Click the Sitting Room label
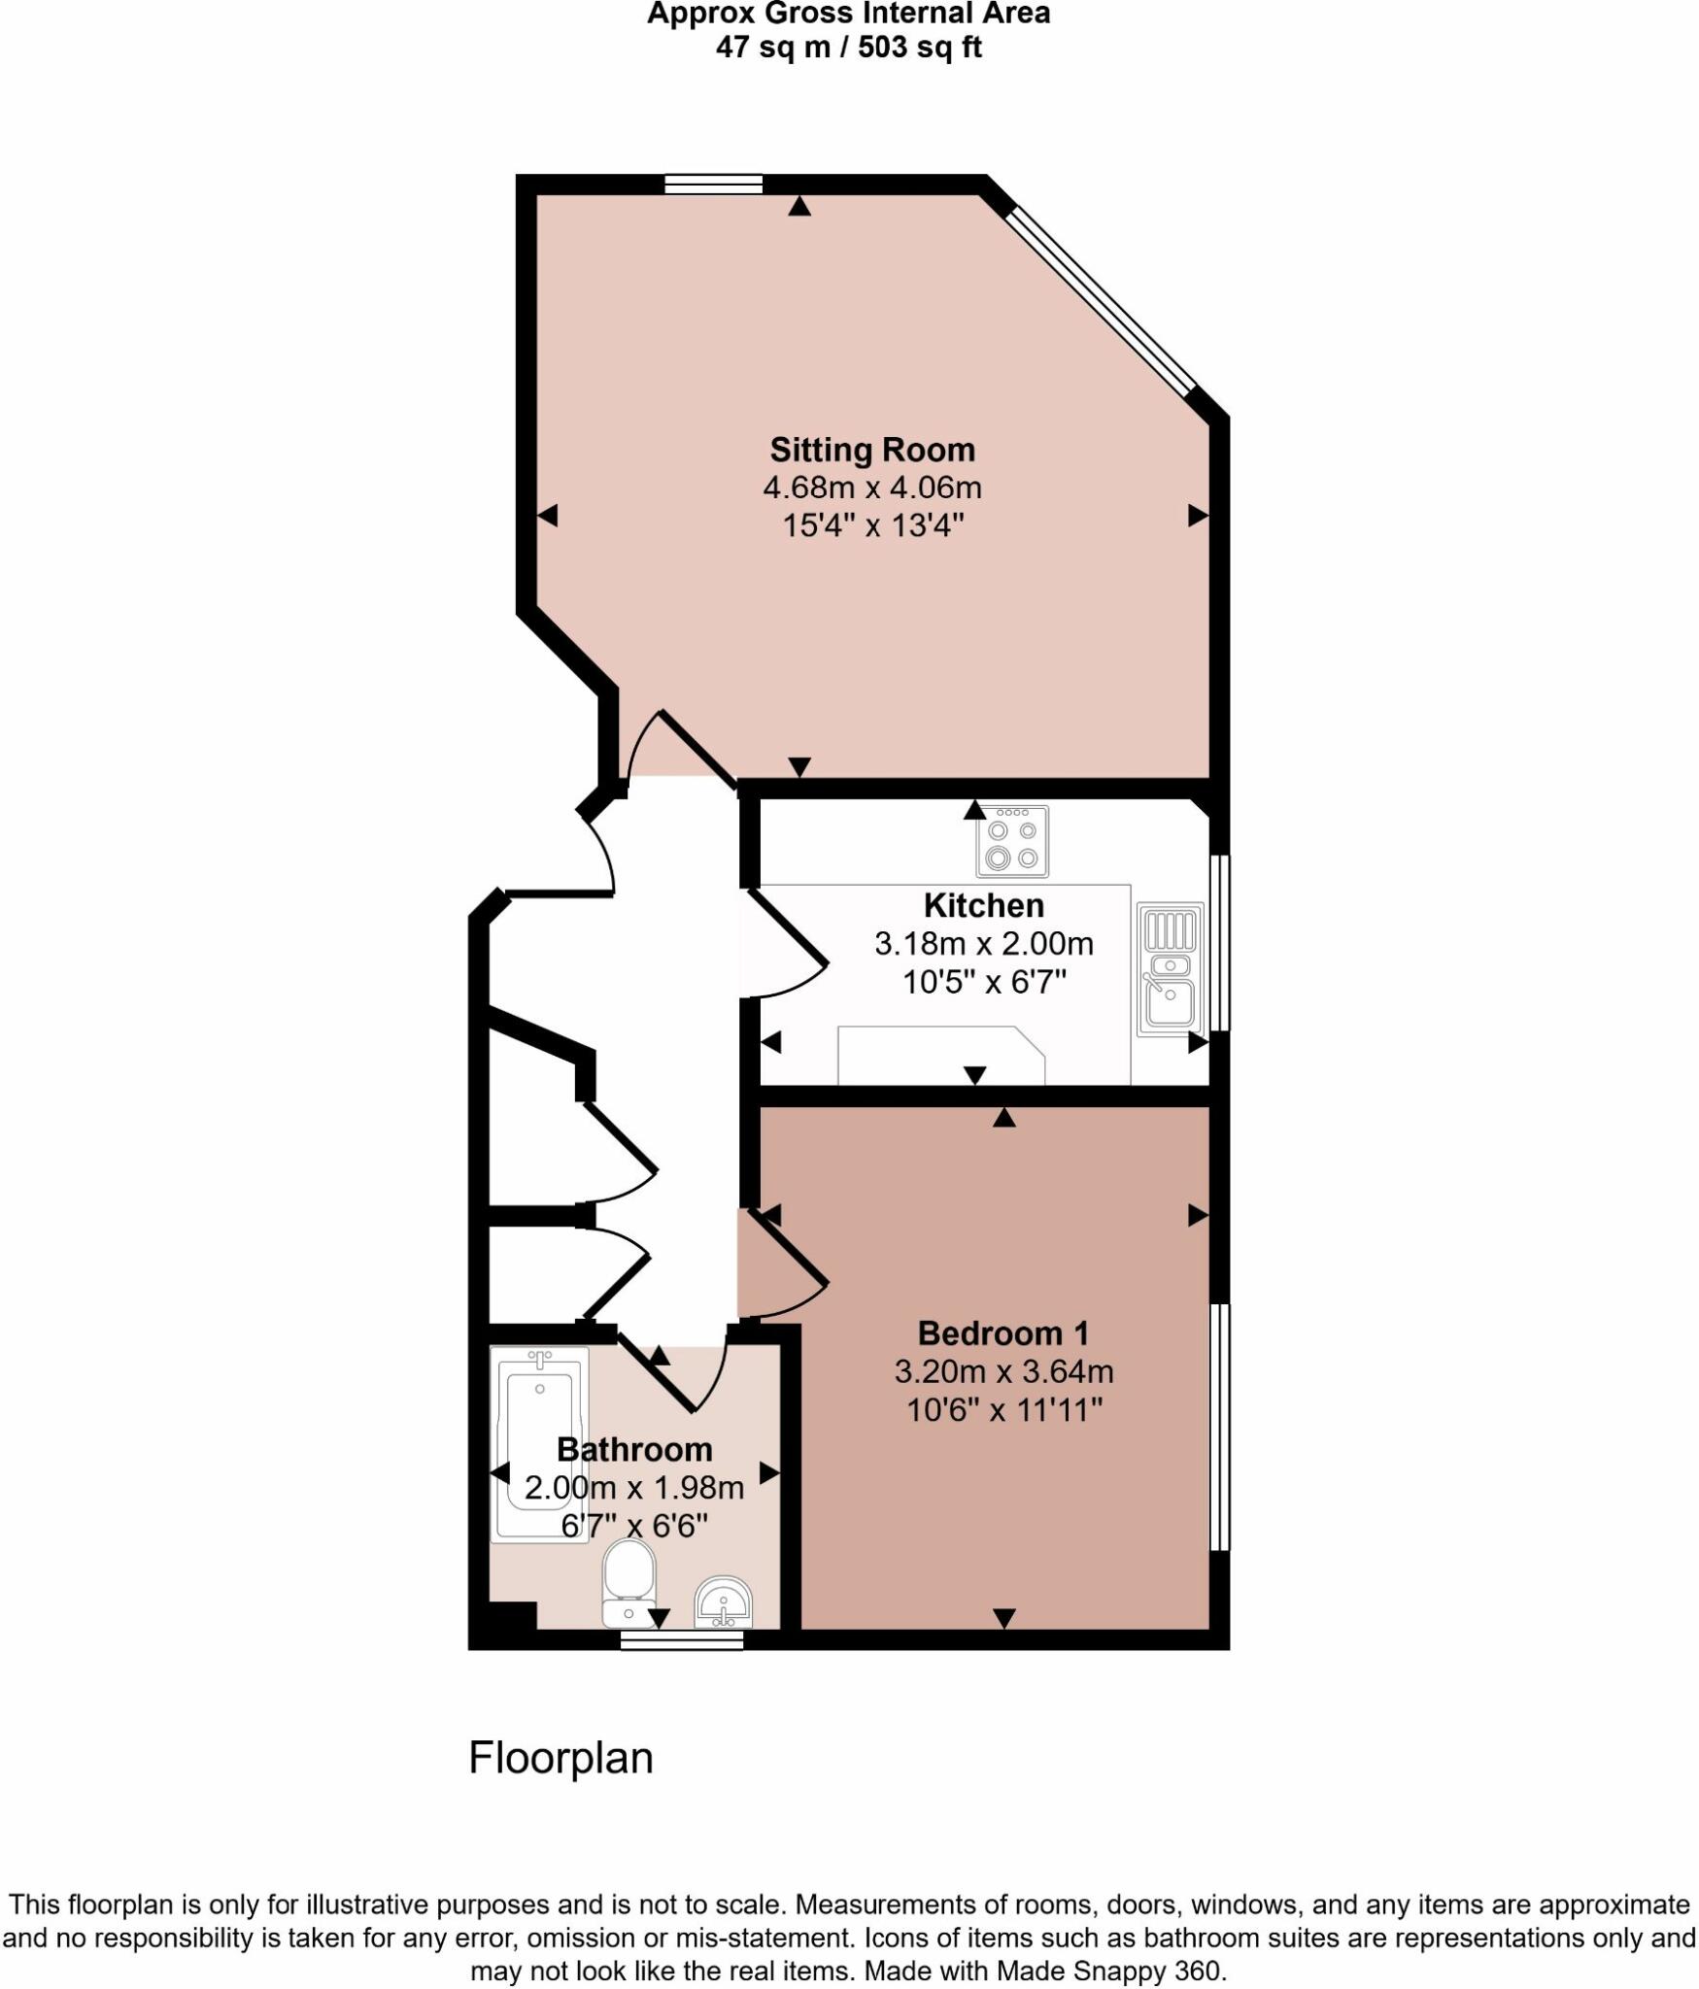click(x=871, y=450)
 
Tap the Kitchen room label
click(x=983, y=905)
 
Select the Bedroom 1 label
click(x=1002, y=1332)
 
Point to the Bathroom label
click(x=634, y=1449)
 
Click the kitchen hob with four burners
click(x=1011, y=841)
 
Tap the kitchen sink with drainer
click(x=1170, y=968)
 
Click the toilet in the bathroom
click(x=629, y=1583)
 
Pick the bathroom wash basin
click(x=723, y=1601)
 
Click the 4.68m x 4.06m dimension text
click(x=871, y=488)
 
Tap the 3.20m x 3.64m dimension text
click(x=1002, y=1371)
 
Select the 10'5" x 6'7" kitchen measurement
click(x=983, y=982)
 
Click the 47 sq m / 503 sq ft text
click(x=848, y=47)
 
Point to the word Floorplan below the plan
click(x=561, y=1758)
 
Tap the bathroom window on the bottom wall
click(x=682, y=1640)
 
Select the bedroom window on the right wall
click(x=1219, y=1427)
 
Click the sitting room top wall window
click(x=713, y=185)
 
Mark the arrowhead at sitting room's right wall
click(x=1198, y=516)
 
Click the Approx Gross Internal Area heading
click(x=848, y=15)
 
